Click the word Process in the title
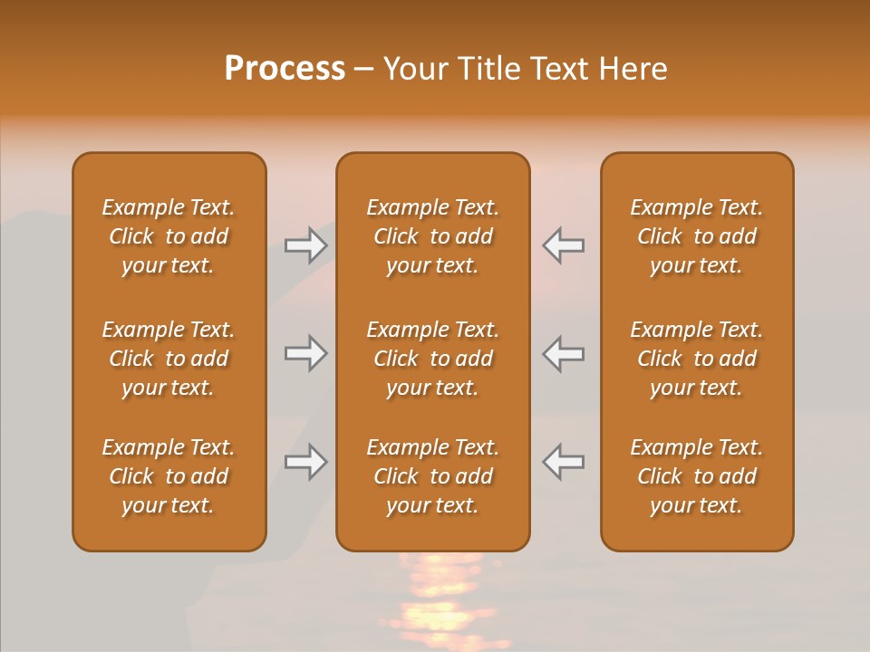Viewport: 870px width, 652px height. [285, 69]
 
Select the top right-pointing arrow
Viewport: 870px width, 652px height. [305, 245]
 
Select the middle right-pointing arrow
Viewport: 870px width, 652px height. [305, 353]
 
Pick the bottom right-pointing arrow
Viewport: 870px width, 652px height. [305, 462]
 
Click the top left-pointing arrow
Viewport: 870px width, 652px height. [563, 245]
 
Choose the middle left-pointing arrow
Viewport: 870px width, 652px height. [563, 353]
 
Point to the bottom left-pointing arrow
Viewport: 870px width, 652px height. [563, 462]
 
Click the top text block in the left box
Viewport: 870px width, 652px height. [169, 236]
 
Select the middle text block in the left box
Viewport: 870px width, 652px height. [169, 359]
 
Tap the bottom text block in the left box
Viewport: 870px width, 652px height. [169, 476]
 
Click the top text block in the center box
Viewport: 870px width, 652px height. [433, 236]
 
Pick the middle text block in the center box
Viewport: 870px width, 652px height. [433, 359]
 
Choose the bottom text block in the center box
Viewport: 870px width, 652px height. [433, 476]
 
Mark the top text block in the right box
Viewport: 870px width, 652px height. [697, 236]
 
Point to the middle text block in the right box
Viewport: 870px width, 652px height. [697, 359]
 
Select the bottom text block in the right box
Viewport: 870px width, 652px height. [697, 476]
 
